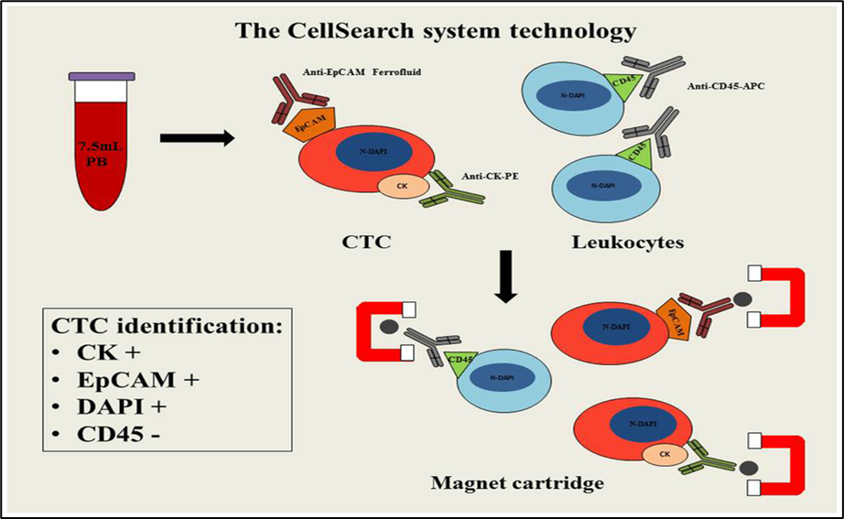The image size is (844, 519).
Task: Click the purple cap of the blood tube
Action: click(102, 76)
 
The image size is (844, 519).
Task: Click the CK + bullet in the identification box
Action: click(92, 351)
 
